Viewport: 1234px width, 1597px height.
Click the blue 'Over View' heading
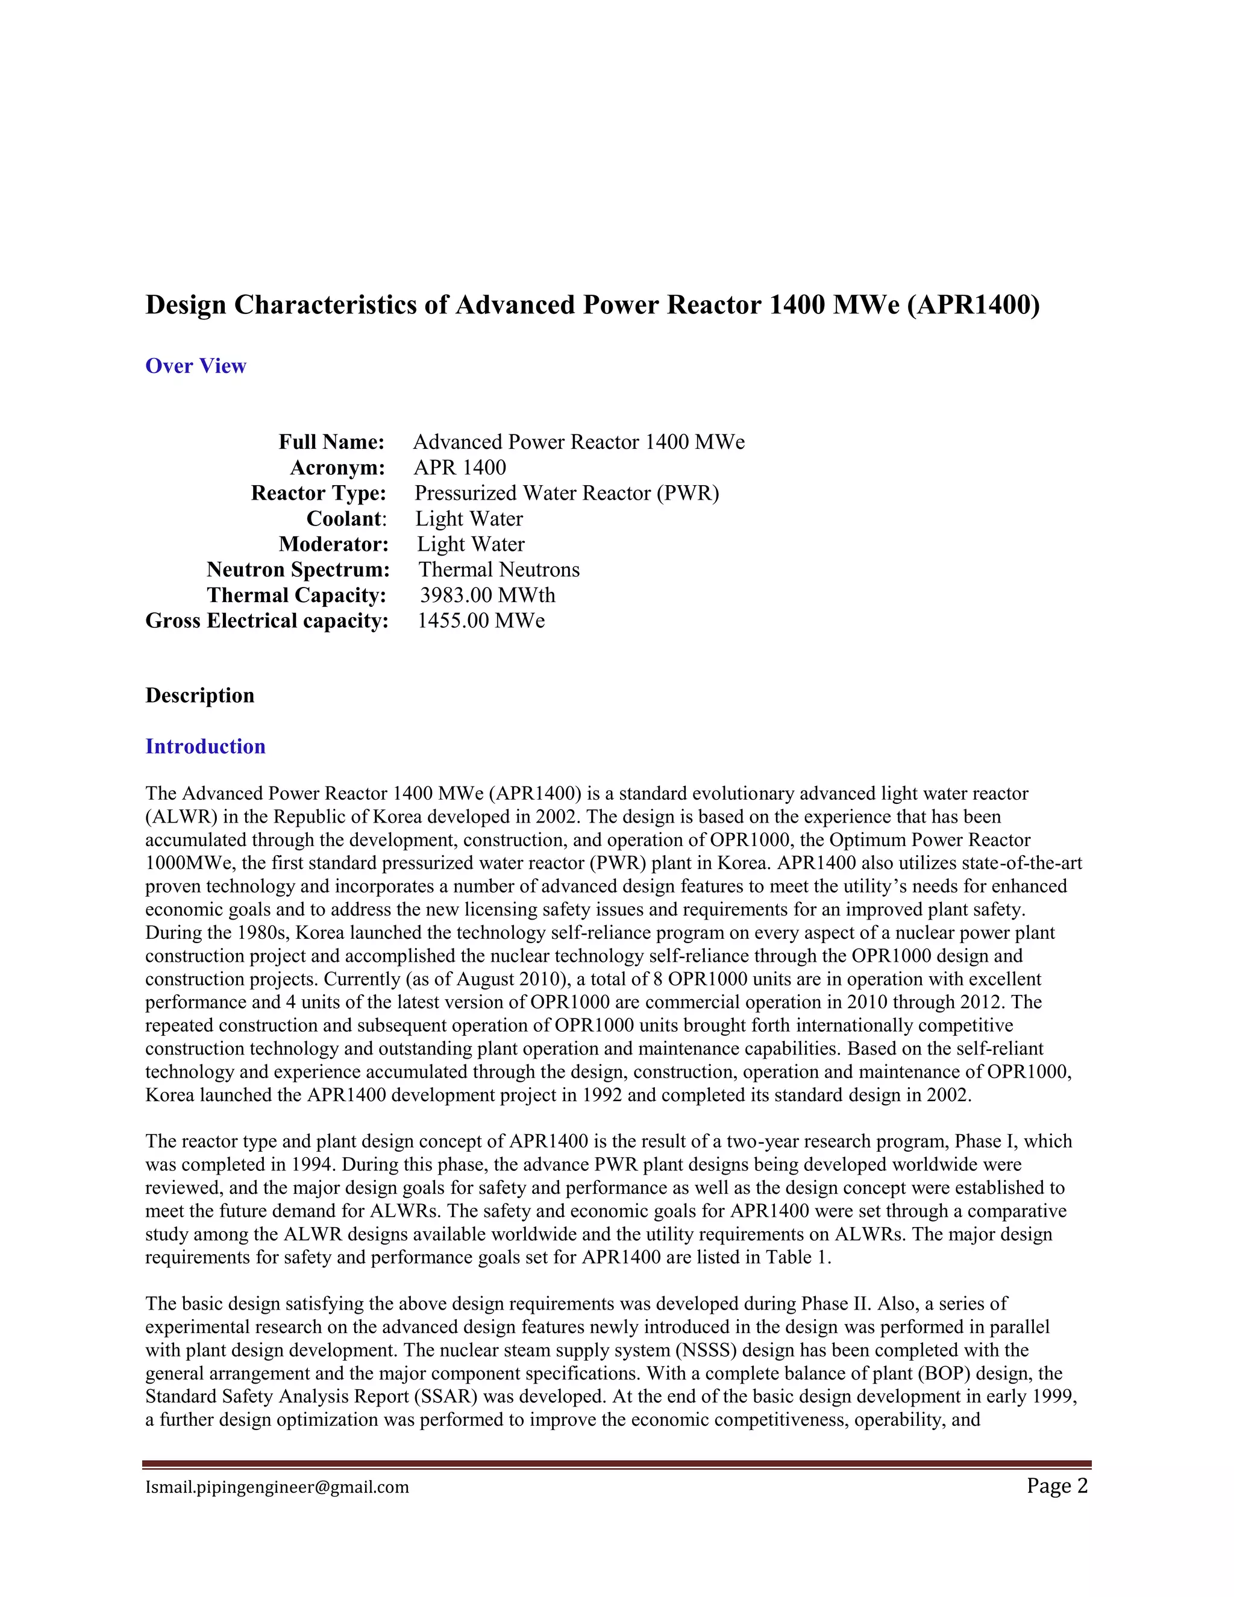195,366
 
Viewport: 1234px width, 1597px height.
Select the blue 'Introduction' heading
205,746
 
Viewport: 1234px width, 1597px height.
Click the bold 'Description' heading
199,695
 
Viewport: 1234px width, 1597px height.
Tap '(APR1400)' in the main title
972,304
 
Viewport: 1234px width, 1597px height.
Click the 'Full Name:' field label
331,442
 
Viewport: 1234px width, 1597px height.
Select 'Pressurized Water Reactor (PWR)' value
566,493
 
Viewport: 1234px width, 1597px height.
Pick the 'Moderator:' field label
333,544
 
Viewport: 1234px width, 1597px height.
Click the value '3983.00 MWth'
487,595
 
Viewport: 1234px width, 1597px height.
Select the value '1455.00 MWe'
481,621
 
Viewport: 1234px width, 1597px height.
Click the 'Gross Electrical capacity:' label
267,621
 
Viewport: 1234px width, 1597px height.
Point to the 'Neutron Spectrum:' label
298,569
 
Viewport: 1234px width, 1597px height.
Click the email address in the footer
277,1487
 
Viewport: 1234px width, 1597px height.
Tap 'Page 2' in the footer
1056,1486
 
